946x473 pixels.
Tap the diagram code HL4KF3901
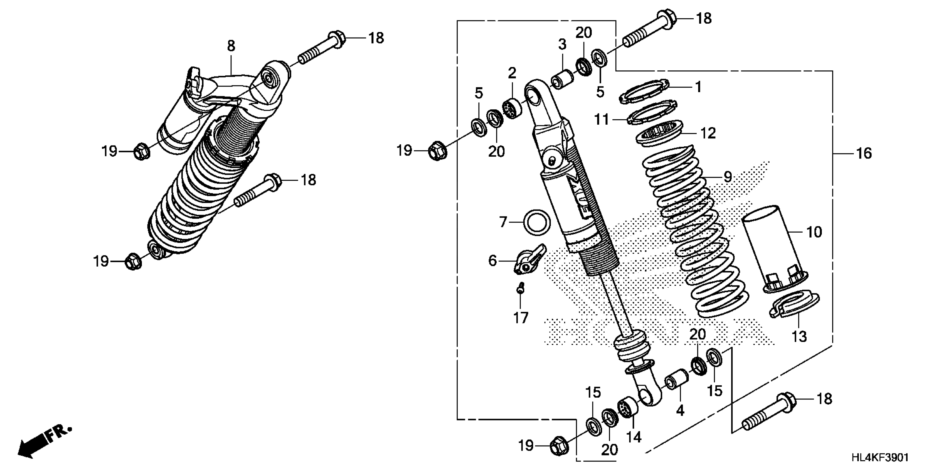tap(880, 458)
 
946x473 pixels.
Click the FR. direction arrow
tap(44, 442)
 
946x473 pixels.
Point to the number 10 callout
tap(814, 232)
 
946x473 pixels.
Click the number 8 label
tap(231, 46)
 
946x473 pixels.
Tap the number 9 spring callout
tap(728, 177)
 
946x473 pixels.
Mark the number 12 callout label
tap(708, 133)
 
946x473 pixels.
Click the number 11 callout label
tap(602, 119)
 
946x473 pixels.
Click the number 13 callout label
tap(799, 336)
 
